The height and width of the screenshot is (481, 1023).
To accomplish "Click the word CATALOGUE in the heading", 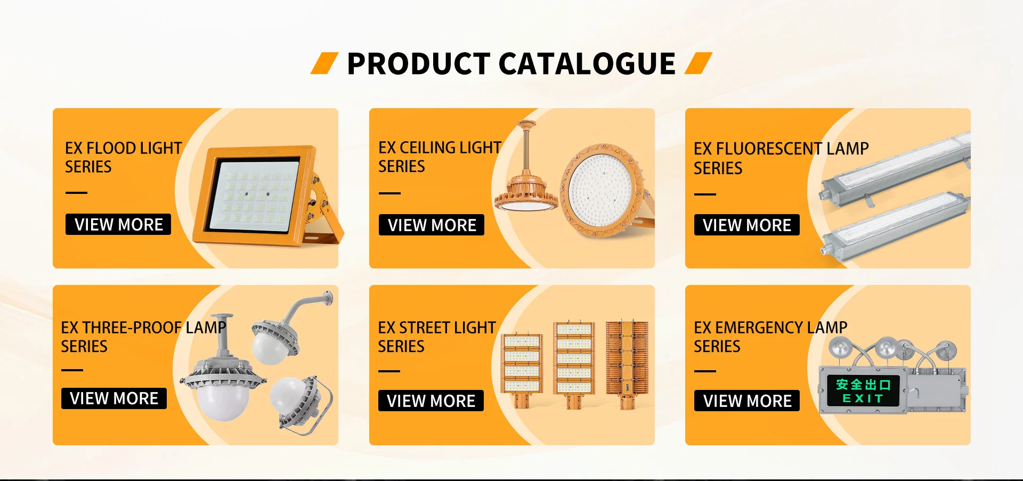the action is [x=587, y=64].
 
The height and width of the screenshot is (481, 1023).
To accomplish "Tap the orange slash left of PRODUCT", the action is [x=324, y=63].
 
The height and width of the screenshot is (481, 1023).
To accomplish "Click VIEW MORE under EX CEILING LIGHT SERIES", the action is [x=432, y=225].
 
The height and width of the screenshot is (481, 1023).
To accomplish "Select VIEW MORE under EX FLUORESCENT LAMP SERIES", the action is [x=747, y=225].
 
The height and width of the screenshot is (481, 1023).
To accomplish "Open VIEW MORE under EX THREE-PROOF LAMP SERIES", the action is [x=114, y=398].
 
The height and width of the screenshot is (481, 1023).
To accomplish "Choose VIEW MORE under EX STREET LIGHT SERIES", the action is [x=431, y=401].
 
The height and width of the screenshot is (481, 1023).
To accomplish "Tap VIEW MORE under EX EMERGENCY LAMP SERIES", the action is [x=747, y=401].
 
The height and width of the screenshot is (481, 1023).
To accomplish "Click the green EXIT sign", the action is [x=863, y=391].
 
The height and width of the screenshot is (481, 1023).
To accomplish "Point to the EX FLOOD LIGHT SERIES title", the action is [x=123, y=157].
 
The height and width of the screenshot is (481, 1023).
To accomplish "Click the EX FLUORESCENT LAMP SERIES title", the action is [x=781, y=158].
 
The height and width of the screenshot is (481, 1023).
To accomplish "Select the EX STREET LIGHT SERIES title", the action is [x=437, y=337].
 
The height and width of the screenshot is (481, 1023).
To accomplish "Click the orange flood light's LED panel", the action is [x=255, y=195].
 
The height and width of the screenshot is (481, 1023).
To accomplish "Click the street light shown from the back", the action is [x=627, y=364].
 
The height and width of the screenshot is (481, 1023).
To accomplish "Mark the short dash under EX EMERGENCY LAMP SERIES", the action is [x=705, y=371].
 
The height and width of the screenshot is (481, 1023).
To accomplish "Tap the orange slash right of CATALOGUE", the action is [x=699, y=63].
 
